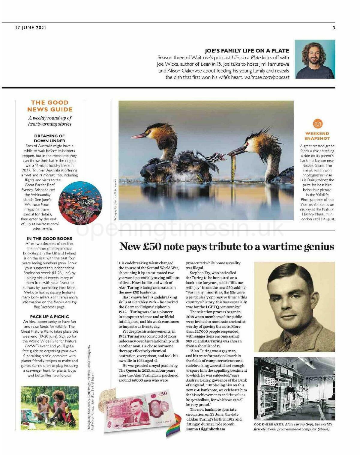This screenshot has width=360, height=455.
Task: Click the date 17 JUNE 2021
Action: [x=31, y=28]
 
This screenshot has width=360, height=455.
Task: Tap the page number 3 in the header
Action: [x=334, y=28]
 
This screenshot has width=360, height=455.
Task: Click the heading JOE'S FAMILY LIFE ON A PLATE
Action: [x=247, y=51]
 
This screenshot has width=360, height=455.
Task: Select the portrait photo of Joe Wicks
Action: [x=315, y=59]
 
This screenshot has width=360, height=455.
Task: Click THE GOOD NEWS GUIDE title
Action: [x=50, y=106]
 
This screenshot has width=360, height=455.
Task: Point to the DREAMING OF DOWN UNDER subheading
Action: [x=49, y=138]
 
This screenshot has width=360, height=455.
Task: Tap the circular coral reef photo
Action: [x=80, y=203]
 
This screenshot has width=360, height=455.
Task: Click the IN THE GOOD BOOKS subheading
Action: [x=49, y=239]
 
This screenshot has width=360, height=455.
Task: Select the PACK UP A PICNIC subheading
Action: [x=49, y=317]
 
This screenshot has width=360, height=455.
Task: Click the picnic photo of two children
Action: [x=50, y=408]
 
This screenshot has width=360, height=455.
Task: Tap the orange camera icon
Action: [x=317, y=124]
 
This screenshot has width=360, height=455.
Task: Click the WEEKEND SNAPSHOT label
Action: [x=317, y=136]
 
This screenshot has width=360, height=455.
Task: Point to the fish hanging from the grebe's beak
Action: [x=234, y=163]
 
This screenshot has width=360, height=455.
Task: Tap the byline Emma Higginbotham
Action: [x=205, y=429]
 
